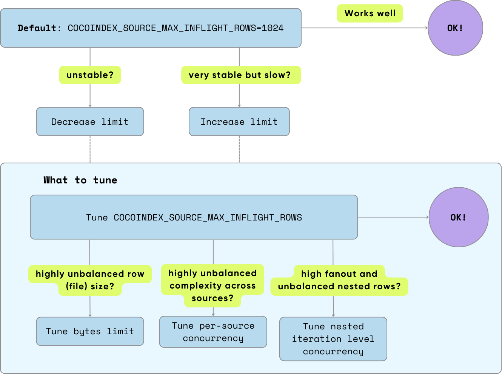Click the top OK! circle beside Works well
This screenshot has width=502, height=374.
[455, 28]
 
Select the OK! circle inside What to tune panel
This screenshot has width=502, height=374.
[458, 217]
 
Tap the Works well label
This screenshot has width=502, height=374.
[370, 14]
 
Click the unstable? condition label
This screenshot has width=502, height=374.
[90, 75]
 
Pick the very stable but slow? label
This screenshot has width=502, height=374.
[240, 75]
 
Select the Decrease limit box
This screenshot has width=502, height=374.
[90, 122]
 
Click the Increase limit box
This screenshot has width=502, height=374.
[239, 122]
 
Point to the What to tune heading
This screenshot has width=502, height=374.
[80, 180]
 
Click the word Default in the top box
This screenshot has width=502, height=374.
[37, 28]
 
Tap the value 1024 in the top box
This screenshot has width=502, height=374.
[273, 28]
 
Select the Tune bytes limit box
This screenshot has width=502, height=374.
[90, 331]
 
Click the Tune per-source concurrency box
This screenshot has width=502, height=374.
[213, 332]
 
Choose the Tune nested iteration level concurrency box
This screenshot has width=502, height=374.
[333, 339]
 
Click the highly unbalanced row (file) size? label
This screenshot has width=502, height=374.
[90, 280]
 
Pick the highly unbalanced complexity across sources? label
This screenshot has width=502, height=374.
[213, 286]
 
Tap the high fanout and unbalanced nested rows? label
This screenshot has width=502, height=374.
[339, 280]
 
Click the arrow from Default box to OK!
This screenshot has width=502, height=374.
[364, 28]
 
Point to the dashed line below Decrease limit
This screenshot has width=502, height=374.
[90, 149]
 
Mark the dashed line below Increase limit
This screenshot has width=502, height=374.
[239, 149]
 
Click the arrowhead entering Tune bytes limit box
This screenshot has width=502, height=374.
[90, 315]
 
